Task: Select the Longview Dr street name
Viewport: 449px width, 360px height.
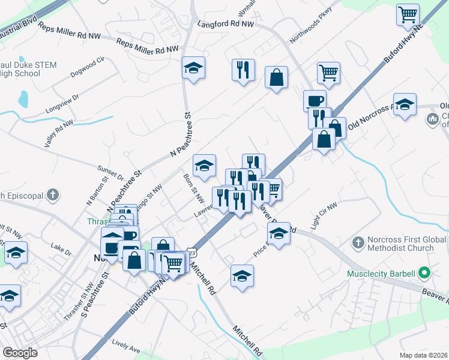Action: [x=62, y=104]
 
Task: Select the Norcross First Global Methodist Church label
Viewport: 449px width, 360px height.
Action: [x=400, y=244]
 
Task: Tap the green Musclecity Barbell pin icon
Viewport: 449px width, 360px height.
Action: [x=424, y=274]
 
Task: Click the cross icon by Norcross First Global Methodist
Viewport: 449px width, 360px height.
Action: [x=358, y=243]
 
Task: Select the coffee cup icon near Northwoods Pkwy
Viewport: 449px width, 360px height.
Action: [x=315, y=100]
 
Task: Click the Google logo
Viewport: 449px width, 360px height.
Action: [x=20, y=352]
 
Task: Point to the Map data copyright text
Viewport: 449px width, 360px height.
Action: [x=424, y=355]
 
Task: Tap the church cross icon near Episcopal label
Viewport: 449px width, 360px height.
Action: [x=53, y=194]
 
